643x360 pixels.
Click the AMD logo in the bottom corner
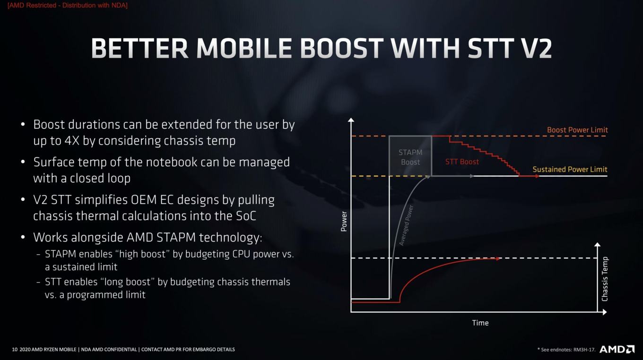(617, 349)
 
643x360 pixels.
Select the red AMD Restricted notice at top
(68, 5)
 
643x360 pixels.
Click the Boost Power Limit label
(577, 129)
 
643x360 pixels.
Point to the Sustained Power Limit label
(570, 169)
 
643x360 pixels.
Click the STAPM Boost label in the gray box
(410, 157)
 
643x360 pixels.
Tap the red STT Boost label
(462, 162)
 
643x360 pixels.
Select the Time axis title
(480, 323)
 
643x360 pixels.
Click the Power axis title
(344, 222)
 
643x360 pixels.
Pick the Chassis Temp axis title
(605, 279)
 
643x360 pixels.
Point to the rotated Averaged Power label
(406, 225)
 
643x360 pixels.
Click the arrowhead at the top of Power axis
(351, 120)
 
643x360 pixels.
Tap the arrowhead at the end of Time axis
(605, 312)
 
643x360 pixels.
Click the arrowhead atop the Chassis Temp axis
(597, 244)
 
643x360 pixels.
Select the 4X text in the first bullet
(72, 141)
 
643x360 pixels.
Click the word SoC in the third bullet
(246, 216)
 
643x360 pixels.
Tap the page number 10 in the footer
(15, 350)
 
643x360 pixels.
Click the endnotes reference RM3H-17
(584, 350)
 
